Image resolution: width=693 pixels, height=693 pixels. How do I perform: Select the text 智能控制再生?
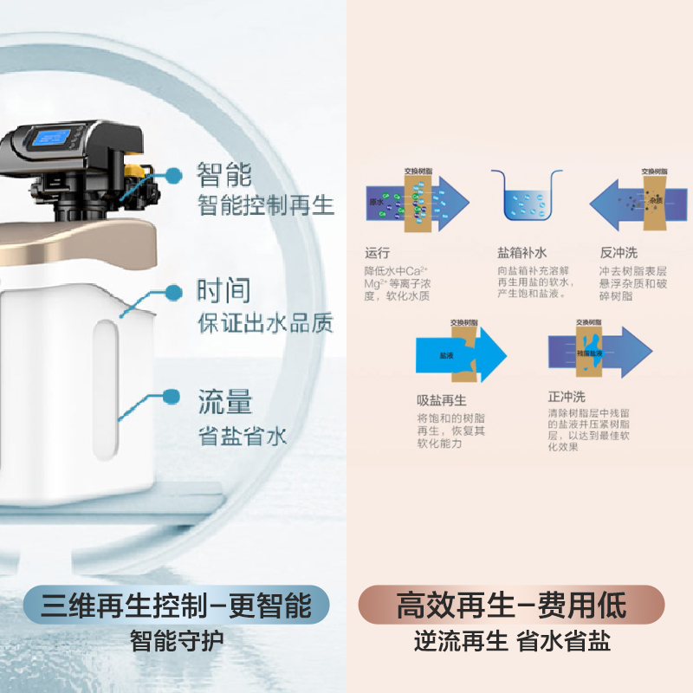[x=265, y=206]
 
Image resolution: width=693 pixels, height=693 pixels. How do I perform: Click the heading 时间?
[x=224, y=291]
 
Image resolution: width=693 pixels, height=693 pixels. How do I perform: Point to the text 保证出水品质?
[x=265, y=323]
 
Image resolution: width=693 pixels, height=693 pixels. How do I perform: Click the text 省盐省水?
[x=242, y=435]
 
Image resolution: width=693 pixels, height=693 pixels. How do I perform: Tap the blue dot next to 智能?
[x=173, y=175]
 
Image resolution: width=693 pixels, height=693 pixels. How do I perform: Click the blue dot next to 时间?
[x=174, y=292]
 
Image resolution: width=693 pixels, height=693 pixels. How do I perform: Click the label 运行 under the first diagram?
[x=379, y=254]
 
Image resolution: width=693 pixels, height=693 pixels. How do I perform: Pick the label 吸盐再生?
[x=442, y=400]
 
